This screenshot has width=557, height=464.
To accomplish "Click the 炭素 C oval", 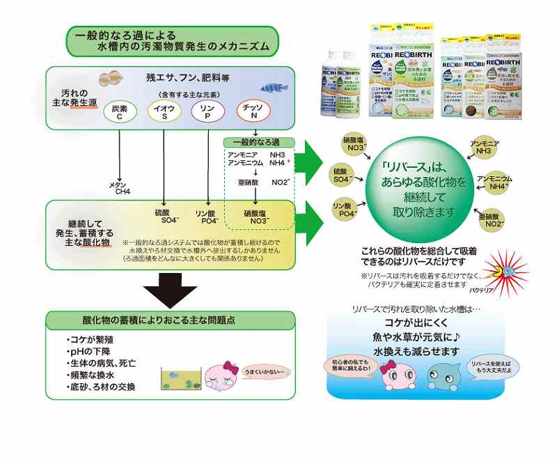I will point(119,111).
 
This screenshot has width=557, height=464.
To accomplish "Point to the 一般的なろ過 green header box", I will point(259,142).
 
